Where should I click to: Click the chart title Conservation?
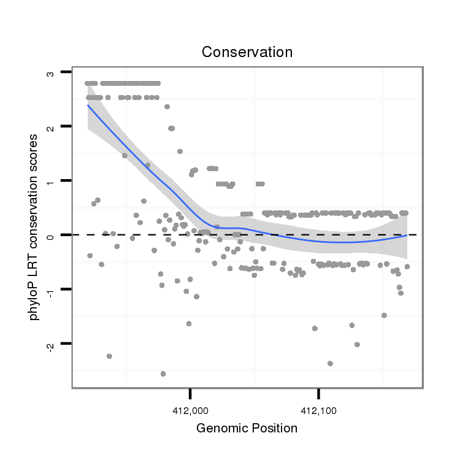(247, 52)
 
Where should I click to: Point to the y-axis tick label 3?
(50, 73)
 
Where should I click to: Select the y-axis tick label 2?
(50, 126)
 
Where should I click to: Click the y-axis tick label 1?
(50, 180)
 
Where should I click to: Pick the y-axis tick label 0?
(50, 234)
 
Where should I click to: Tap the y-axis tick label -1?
(50, 290)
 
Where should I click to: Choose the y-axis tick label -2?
(50, 344)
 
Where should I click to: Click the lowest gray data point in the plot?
(163, 374)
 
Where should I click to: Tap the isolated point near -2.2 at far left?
(109, 356)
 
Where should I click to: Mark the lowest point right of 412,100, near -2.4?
(330, 364)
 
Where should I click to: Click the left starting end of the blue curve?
(88, 105)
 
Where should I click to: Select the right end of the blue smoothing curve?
(407, 236)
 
